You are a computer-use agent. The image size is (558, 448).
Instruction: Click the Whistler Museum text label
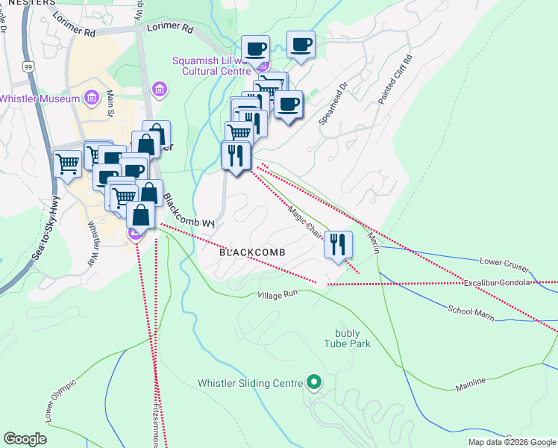click(40, 99)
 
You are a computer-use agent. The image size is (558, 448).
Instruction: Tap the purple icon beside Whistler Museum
click(92, 98)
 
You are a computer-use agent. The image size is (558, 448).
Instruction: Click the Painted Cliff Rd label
click(394, 78)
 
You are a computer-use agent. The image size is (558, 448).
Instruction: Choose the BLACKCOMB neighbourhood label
click(252, 253)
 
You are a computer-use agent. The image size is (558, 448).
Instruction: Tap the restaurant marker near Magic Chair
click(338, 244)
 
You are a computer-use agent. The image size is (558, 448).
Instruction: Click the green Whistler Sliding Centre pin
click(314, 383)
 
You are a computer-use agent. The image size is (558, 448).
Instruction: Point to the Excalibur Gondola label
click(498, 283)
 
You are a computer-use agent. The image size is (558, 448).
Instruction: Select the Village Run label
click(278, 295)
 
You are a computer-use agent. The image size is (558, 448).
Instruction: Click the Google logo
click(25, 438)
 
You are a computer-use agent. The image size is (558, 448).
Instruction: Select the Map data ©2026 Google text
click(511, 442)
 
